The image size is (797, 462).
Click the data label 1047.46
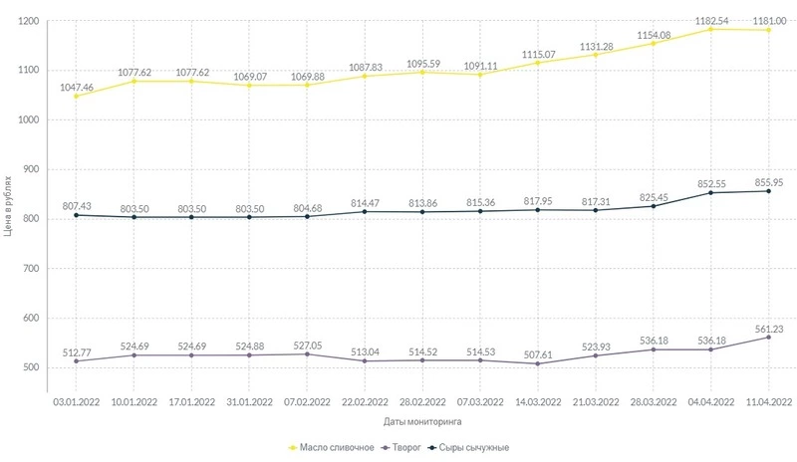76,88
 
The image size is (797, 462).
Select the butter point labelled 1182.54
711,29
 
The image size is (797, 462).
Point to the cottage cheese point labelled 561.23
769,338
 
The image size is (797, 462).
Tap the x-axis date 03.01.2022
76,401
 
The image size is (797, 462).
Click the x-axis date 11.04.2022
769,401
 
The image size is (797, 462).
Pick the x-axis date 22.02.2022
365,401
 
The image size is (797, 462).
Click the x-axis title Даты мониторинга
422,422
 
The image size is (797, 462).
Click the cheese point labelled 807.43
76,215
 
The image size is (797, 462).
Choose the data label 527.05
307,342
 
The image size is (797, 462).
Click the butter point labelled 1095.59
422,72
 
